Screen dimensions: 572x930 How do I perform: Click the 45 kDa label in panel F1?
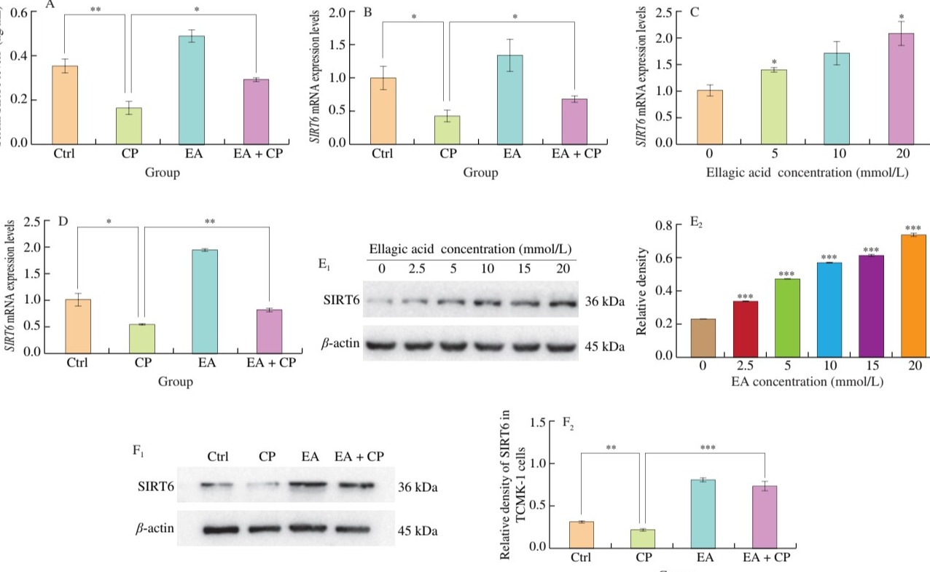coord(418,530)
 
